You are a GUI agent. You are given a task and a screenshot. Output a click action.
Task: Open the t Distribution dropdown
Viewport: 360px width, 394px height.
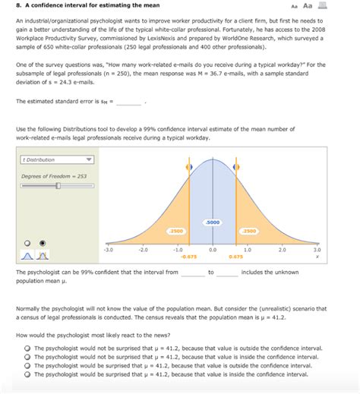click(57, 160)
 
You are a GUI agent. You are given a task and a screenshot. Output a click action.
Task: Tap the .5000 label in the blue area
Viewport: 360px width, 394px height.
click(212, 222)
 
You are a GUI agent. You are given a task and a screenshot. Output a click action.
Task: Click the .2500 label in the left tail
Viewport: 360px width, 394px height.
click(175, 230)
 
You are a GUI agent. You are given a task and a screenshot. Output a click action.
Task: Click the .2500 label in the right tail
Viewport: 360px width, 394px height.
click(248, 230)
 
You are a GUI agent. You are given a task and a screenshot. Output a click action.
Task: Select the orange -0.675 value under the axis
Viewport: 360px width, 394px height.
click(188, 257)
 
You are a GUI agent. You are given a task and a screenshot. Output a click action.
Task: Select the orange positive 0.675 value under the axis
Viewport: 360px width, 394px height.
click(235, 257)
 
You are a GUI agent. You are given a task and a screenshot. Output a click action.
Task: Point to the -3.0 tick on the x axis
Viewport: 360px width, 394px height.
click(108, 249)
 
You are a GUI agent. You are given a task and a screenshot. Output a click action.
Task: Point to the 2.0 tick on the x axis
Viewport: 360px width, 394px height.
click(282, 249)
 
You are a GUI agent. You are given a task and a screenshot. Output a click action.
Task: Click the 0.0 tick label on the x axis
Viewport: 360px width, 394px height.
click(212, 249)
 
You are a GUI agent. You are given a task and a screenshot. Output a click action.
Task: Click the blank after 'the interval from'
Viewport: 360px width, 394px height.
click(192, 273)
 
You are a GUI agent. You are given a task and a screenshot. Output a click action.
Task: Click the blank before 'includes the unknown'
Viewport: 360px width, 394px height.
click(227, 273)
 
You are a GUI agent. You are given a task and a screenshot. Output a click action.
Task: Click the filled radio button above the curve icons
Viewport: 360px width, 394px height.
click(43, 243)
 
